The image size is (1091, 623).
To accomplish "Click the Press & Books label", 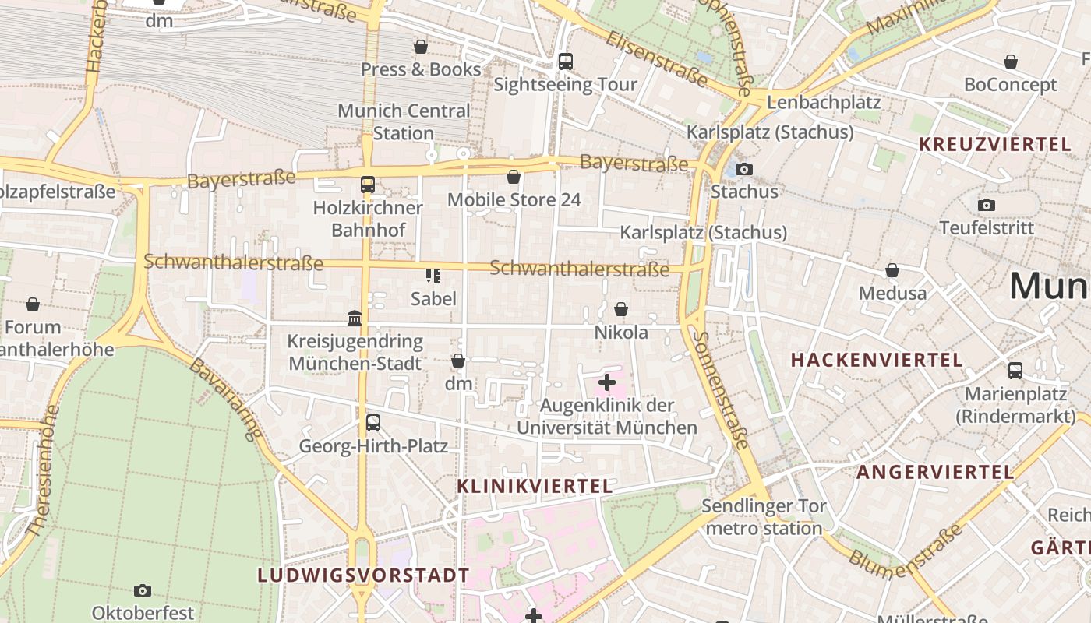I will tap(421, 69).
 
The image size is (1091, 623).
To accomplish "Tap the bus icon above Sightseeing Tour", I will tap(566, 61).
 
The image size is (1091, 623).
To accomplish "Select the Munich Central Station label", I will tap(404, 121).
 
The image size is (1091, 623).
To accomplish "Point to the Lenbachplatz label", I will tap(824, 102).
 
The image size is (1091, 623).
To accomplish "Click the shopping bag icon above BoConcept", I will tap(1011, 62).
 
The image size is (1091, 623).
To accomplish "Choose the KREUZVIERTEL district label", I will tap(994, 144).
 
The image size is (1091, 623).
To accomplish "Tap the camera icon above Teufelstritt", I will tap(987, 205).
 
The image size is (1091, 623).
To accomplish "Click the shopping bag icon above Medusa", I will tap(892, 270).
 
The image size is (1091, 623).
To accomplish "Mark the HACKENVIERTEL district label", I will tap(877, 360).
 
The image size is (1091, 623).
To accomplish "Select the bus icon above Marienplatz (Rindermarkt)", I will tap(1015, 371).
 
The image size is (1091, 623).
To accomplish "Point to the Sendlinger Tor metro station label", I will tap(764, 517).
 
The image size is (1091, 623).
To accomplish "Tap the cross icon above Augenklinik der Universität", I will tap(606, 382).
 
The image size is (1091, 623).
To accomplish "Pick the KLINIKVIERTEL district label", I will tap(535, 486).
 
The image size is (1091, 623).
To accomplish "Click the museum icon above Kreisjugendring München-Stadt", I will tap(355, 318).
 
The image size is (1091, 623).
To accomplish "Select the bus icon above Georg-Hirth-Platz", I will tap(373, 423).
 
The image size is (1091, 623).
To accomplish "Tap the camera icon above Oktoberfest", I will tap(143, 590).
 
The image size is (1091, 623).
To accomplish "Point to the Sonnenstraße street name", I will tap(721, 390).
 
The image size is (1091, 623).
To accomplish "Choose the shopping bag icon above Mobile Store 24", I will tap(514, 177).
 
